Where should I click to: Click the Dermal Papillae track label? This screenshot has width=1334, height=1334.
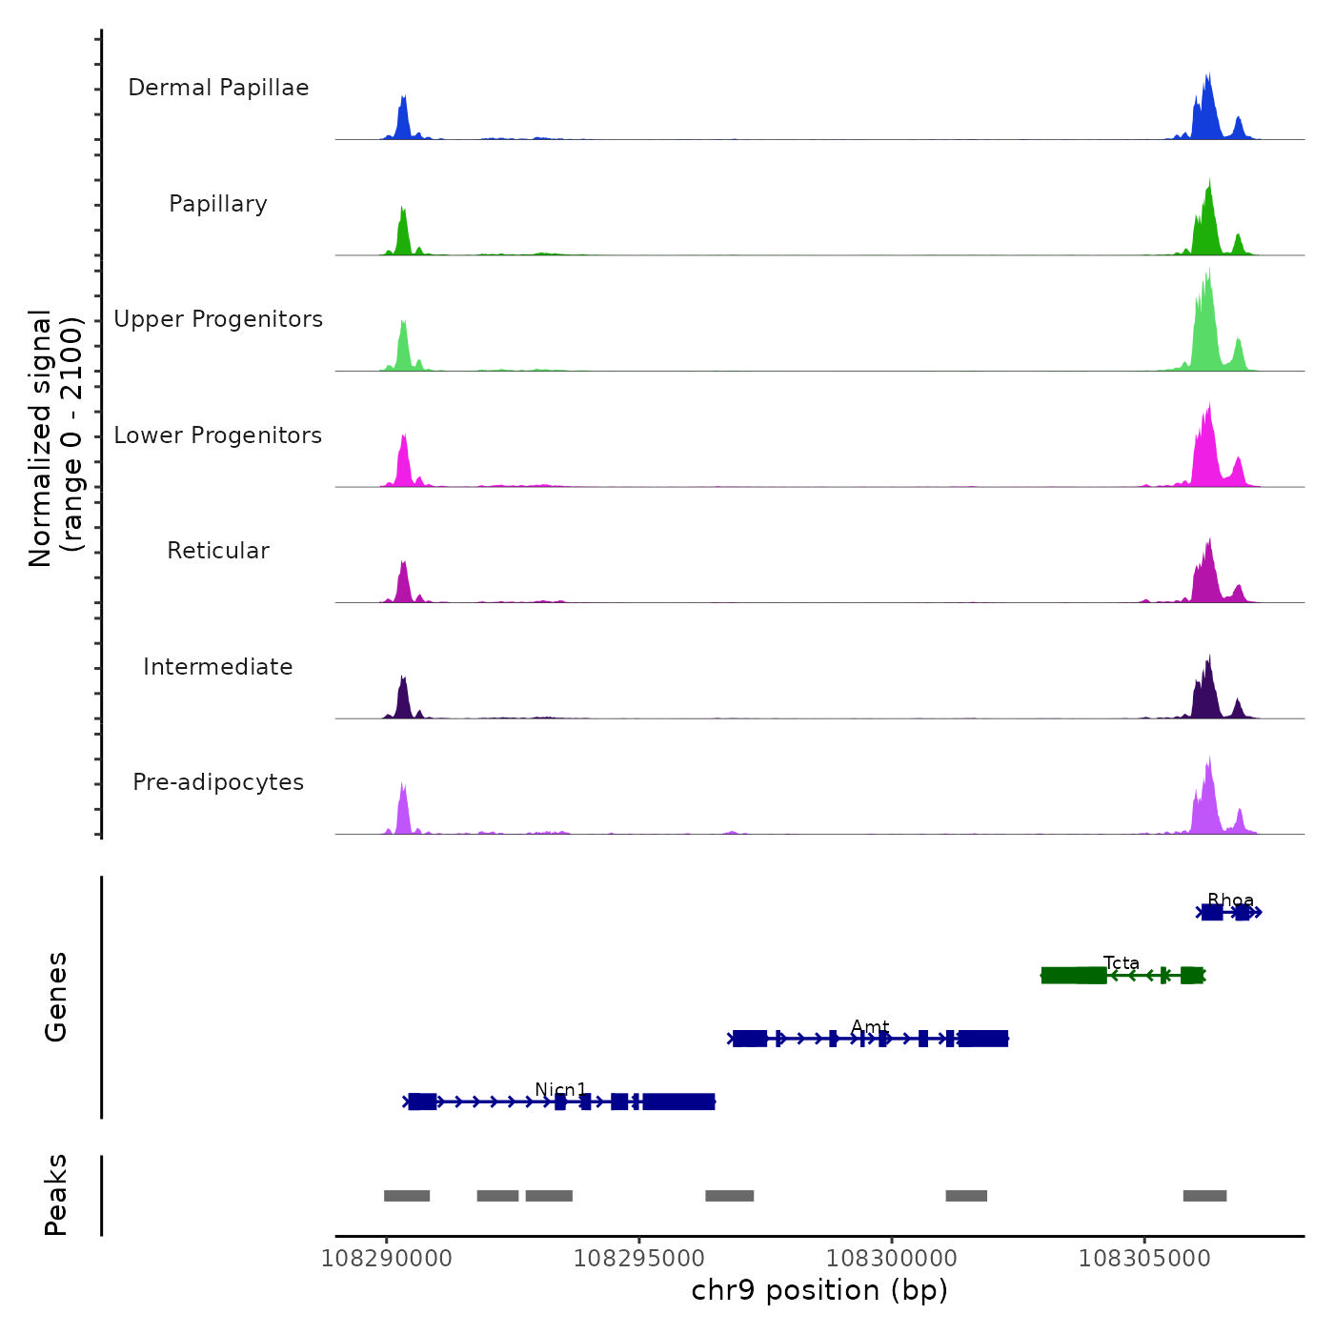coord(218,88)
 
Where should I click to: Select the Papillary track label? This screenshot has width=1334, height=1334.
coord(218,204)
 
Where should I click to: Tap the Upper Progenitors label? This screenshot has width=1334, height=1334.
coord(218,319)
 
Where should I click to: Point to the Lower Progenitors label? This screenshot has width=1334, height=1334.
coord(218,435)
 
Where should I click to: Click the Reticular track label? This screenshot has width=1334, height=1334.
coord(218,551)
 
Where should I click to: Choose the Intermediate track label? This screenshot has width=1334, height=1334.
coord(218,667)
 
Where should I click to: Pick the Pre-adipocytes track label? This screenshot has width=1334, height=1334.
coord(218,782)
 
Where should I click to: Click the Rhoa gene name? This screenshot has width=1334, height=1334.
coord(1230,900)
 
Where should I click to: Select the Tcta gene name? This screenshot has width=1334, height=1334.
coord(1122,963)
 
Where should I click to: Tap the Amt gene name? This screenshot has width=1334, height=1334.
coord(870,1027)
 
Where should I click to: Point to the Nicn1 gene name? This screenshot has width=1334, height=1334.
coord(561,1090)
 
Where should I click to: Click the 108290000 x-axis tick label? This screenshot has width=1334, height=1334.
coord(387,1259)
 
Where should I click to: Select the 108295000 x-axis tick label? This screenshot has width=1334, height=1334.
coord(639,1259)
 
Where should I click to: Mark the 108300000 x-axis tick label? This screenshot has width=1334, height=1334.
coord(892,1259)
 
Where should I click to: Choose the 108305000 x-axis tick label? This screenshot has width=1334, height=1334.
coord(1144,1259)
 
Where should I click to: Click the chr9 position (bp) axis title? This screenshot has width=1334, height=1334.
coord(819,1290)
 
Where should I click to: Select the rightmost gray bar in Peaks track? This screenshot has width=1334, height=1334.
coord(1204,1196)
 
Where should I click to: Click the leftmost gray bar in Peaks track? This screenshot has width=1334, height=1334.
coord(407,1196)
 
